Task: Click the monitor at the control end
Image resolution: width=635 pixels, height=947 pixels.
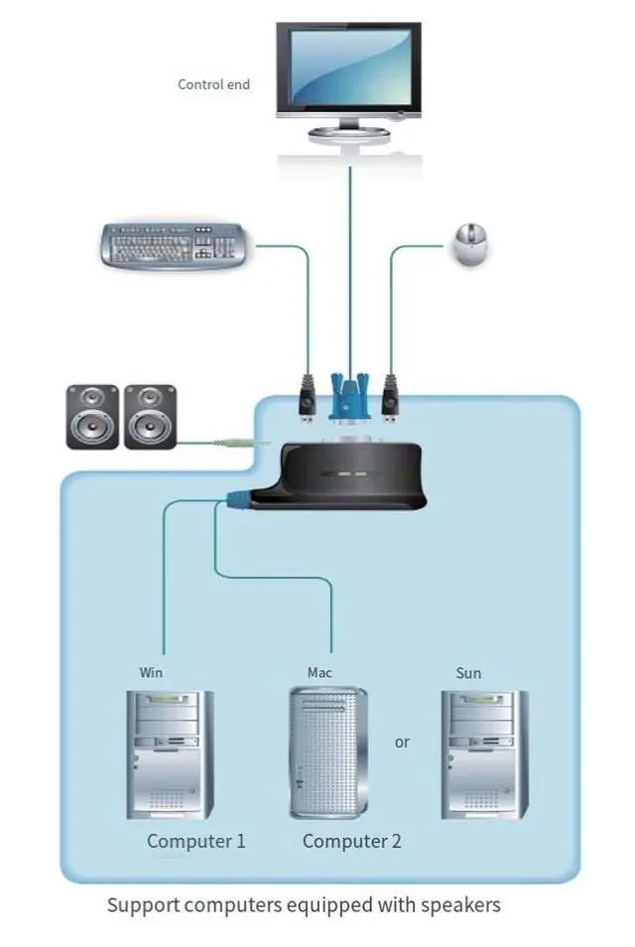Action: pyautogui.click(x=350, y=74)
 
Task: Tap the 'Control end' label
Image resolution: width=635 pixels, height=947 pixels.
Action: pyautogui.click(x=213, y=84)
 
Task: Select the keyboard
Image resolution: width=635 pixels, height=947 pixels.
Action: pyautogui.click(x=176, y=245)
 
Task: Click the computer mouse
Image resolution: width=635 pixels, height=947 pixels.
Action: pyautogui.click(x=469, y=245)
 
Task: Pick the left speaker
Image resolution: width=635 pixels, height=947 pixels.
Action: pyautogui.click(x=92, y=416)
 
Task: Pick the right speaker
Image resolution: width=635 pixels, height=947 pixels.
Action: pyautogui.click(x=150, y=416)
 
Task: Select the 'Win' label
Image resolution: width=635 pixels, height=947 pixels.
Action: pyautogui.click(x=151, y=672)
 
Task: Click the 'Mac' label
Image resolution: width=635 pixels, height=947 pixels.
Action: pyautogui.click(x=319, y=672)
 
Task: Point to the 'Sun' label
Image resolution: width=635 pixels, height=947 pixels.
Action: pyautogui.click(x=468, y=672)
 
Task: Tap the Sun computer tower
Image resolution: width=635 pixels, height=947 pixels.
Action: pyautogui.click(x=484, y=754)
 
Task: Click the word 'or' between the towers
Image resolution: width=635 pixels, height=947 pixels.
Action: pyautogui.click(x=402, y=742)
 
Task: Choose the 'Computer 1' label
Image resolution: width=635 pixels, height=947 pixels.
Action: pyautogui.click(x=196, y=841)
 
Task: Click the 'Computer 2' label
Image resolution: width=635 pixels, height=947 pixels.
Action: pyautogui.click(x=352, y=841)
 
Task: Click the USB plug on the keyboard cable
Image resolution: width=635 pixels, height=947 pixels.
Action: pyautogui.click(x=307, y=394)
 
